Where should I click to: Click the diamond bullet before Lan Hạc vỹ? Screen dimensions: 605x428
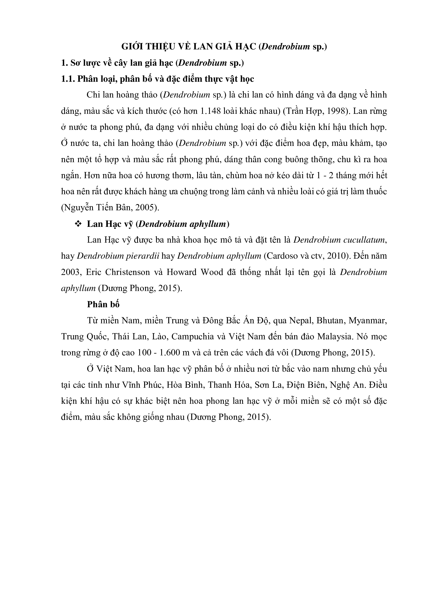[x=78, y=224]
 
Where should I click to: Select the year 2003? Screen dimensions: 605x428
[x=70, y=272]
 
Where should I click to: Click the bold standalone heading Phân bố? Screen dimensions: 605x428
[x=103, y=304]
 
